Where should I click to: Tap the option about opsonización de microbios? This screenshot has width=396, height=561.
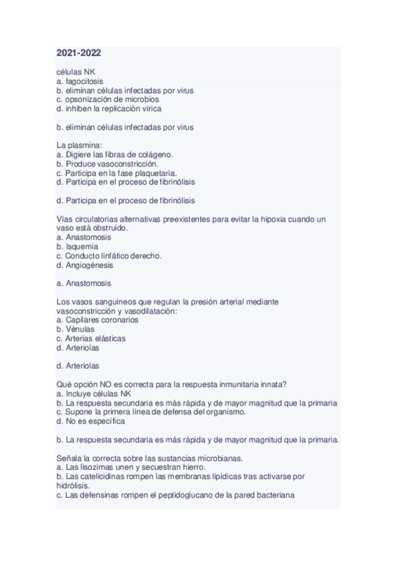[108, 99]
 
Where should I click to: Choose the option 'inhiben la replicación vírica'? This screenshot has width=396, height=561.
[109, 108]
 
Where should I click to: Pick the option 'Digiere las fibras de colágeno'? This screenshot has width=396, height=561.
[114, 154]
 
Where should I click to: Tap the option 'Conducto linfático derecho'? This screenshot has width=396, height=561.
[109, 255]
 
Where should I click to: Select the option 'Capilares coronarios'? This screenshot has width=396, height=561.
[97, 320]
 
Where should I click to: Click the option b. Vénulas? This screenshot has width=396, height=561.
[75, 329]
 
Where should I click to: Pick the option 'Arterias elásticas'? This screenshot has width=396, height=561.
[91, 338]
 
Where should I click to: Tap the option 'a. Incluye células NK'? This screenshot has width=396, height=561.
[94, 393]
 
